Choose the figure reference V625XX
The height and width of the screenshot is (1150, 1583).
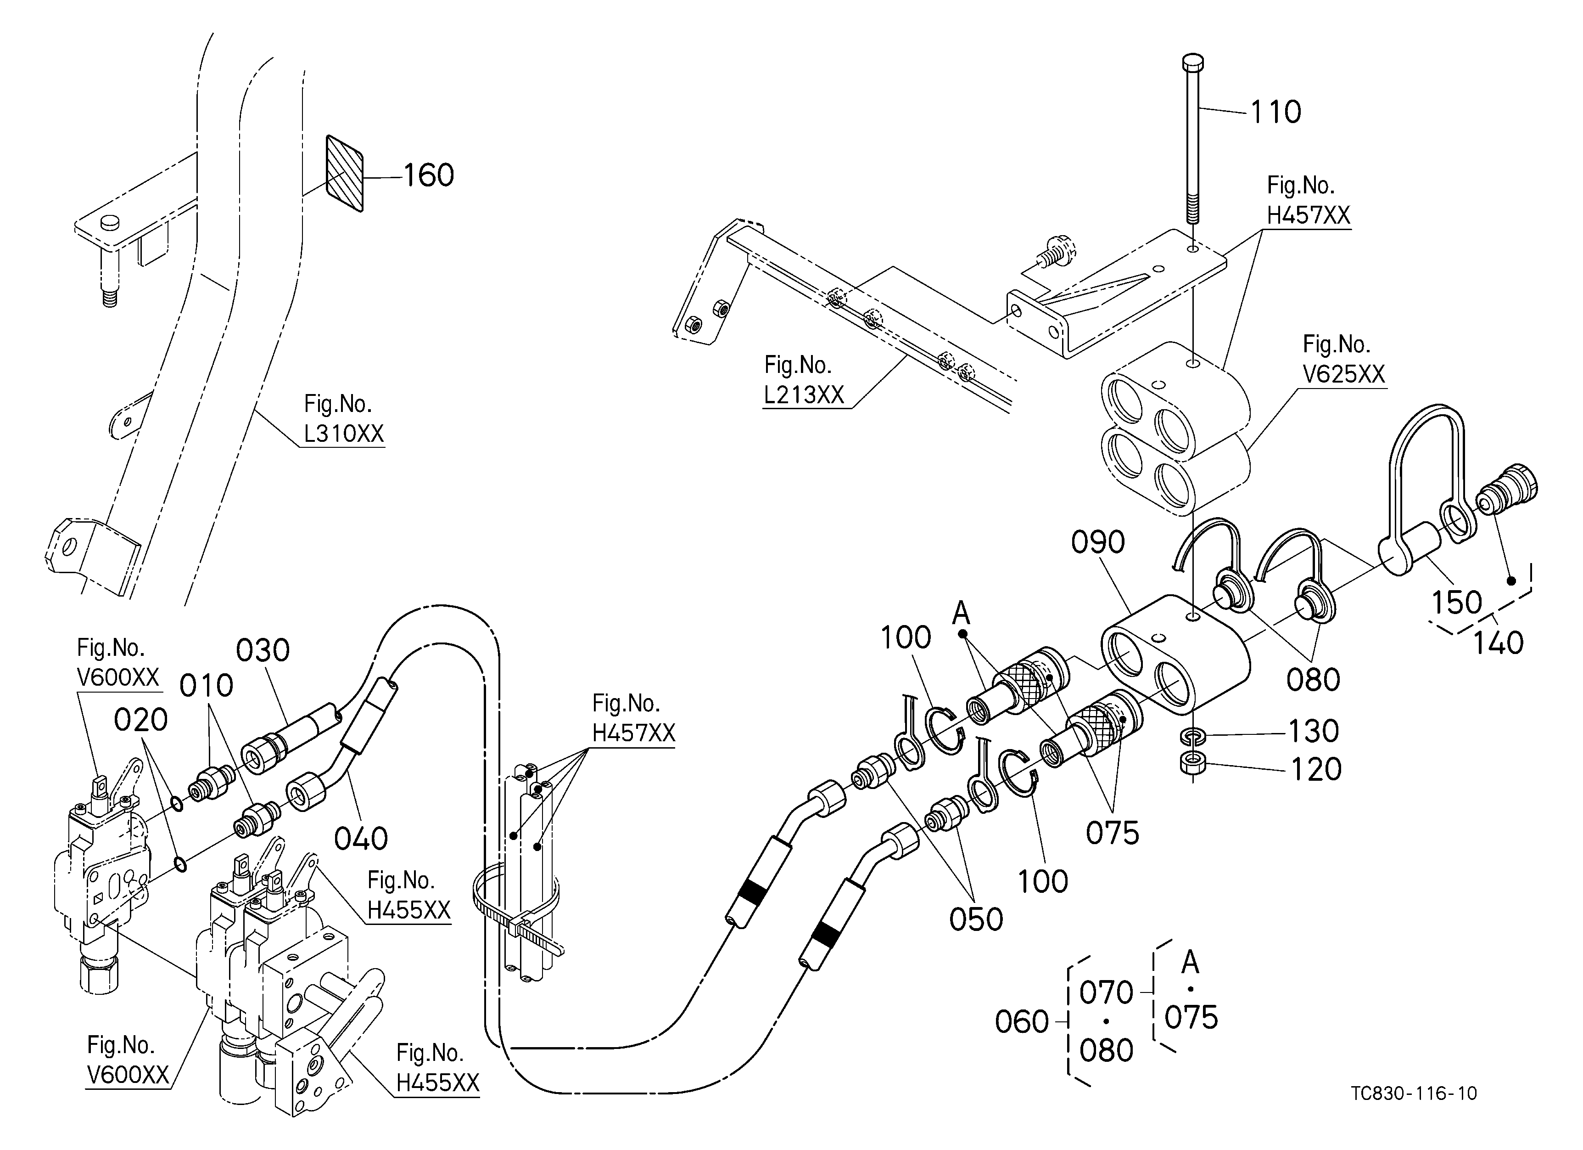[x=1343, y=374]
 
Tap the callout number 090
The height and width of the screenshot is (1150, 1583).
[x=1098, y=542]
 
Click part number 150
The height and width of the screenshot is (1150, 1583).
[x=1457, y=603]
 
